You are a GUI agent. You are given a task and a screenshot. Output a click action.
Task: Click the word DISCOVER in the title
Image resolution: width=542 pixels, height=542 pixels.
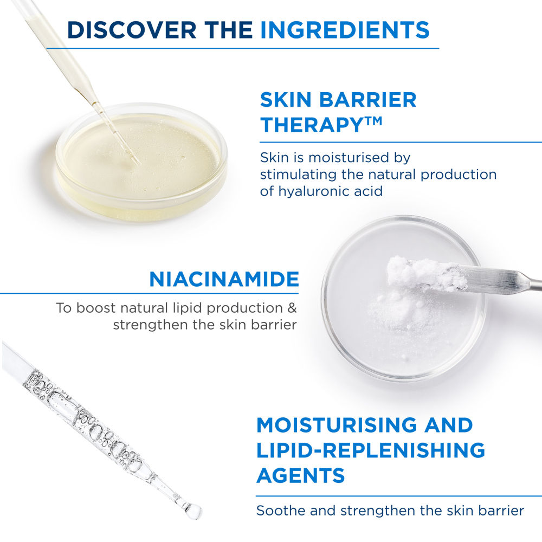coord(132,30)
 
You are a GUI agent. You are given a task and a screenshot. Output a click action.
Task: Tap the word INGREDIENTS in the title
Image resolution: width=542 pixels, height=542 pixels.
coord(345,30)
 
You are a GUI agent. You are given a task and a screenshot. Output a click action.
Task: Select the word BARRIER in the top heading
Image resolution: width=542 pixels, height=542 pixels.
coord(368,100)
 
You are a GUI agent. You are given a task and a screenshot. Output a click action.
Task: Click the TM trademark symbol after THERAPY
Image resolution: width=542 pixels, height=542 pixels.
coord(373,121)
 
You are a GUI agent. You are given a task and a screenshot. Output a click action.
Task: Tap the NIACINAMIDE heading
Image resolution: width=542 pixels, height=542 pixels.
coord(224,279)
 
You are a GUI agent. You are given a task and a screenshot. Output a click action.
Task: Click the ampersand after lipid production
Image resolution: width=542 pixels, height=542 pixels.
coord(293,308)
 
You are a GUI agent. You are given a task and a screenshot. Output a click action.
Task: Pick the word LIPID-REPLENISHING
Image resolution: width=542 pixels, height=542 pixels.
coord(371,450)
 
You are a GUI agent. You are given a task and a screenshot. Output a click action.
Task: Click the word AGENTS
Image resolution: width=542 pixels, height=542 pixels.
coord(301,475)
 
